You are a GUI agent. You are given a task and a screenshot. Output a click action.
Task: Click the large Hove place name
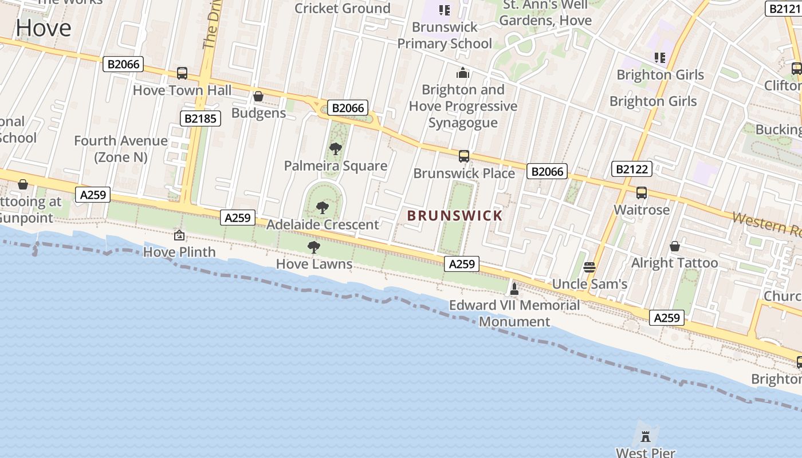44,27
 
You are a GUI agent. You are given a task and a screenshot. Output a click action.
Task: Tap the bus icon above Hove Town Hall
182,73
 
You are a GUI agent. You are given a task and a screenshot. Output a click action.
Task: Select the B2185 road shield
200,119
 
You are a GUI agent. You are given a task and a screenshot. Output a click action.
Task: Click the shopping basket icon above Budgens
258,96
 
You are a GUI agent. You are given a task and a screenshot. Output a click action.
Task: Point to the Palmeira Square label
336,166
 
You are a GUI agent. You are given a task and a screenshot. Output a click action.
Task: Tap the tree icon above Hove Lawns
313,247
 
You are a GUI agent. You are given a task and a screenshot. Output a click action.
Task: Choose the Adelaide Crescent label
323,224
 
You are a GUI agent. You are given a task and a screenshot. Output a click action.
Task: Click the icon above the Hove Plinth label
179,235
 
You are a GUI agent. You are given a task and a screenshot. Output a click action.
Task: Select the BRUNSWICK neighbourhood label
454,216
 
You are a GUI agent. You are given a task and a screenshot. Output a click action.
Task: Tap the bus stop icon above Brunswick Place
464,156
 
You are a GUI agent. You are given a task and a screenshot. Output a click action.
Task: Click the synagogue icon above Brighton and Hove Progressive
463,73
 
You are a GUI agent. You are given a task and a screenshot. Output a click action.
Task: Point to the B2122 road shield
632,169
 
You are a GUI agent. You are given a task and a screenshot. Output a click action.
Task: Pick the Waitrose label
642,210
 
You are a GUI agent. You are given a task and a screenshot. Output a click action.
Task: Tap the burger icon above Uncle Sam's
589,267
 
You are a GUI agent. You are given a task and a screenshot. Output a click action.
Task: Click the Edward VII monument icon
514,289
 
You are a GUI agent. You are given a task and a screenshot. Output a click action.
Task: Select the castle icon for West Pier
646,437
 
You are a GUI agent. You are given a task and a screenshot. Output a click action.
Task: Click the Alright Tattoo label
674,263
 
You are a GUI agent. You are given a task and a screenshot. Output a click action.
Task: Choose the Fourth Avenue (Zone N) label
121,149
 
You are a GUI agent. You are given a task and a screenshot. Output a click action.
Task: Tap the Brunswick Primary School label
445,35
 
